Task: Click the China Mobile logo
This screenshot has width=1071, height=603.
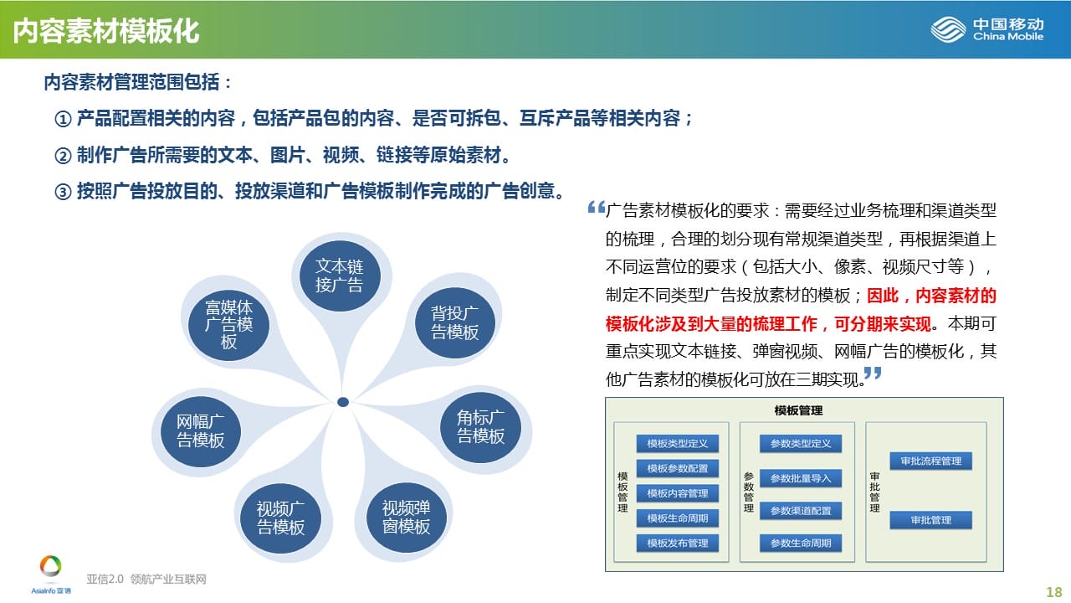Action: point(986,29)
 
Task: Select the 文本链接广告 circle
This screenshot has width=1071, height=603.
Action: point(340,276)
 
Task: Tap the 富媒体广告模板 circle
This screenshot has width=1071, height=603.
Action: point(228,325)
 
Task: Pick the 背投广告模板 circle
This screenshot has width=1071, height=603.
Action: point(454,323)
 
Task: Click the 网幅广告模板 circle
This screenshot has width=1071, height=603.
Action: point(200,431)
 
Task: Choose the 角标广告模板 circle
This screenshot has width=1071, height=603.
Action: point(480,427)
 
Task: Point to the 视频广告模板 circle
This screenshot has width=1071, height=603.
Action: point(280,518)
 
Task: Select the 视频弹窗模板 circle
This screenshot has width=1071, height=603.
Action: point(407,518)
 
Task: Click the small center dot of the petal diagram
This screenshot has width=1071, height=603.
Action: point(343,402)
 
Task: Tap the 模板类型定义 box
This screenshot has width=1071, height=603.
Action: point(677,444)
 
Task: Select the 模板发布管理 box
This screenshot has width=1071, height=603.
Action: point(677,544)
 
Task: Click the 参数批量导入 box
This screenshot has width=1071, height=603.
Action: point(801,478)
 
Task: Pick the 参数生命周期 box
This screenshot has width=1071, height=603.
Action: point(801,544)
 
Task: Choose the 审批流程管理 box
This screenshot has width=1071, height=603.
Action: point(931,461)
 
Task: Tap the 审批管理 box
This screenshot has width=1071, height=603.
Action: point(931,520)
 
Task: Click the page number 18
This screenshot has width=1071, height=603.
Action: point(1053,592)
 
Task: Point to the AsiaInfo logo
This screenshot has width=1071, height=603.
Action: point(51,575)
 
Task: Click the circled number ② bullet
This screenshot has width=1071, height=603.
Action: point(63,156)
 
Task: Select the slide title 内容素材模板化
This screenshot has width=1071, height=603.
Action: point(105,31)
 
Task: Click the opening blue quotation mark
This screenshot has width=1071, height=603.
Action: point(597,207)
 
